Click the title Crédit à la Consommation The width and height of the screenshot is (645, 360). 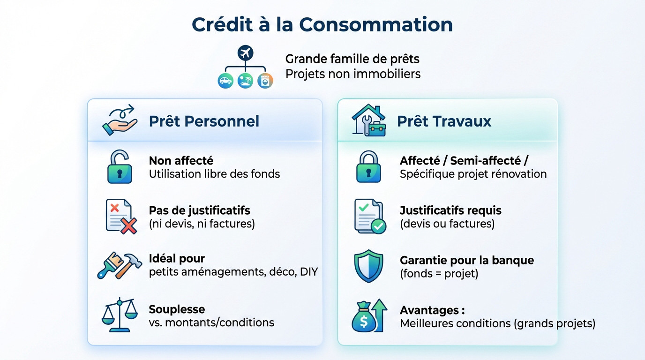[322, 24]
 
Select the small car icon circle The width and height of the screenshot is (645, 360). [225, 81]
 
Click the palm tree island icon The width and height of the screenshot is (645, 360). [245, 81]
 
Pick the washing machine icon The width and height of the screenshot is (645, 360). [265, 81]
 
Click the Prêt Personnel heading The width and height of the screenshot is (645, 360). [204, 121]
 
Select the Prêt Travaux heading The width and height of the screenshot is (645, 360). [444, 121]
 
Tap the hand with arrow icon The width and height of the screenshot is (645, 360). [120, 120]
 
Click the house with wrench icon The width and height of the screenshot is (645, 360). [369, 120]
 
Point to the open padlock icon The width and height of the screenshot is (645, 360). [119, 166]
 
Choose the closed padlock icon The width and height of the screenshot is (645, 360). [368, 166]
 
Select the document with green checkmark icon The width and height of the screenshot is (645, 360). [370, 216]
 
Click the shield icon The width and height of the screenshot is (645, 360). [368, 266]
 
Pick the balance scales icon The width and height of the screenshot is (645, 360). [120, 315]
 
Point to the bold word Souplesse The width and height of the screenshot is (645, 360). [177, 309]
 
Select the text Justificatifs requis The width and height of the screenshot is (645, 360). [450, 210]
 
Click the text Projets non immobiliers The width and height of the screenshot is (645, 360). [352, 74]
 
